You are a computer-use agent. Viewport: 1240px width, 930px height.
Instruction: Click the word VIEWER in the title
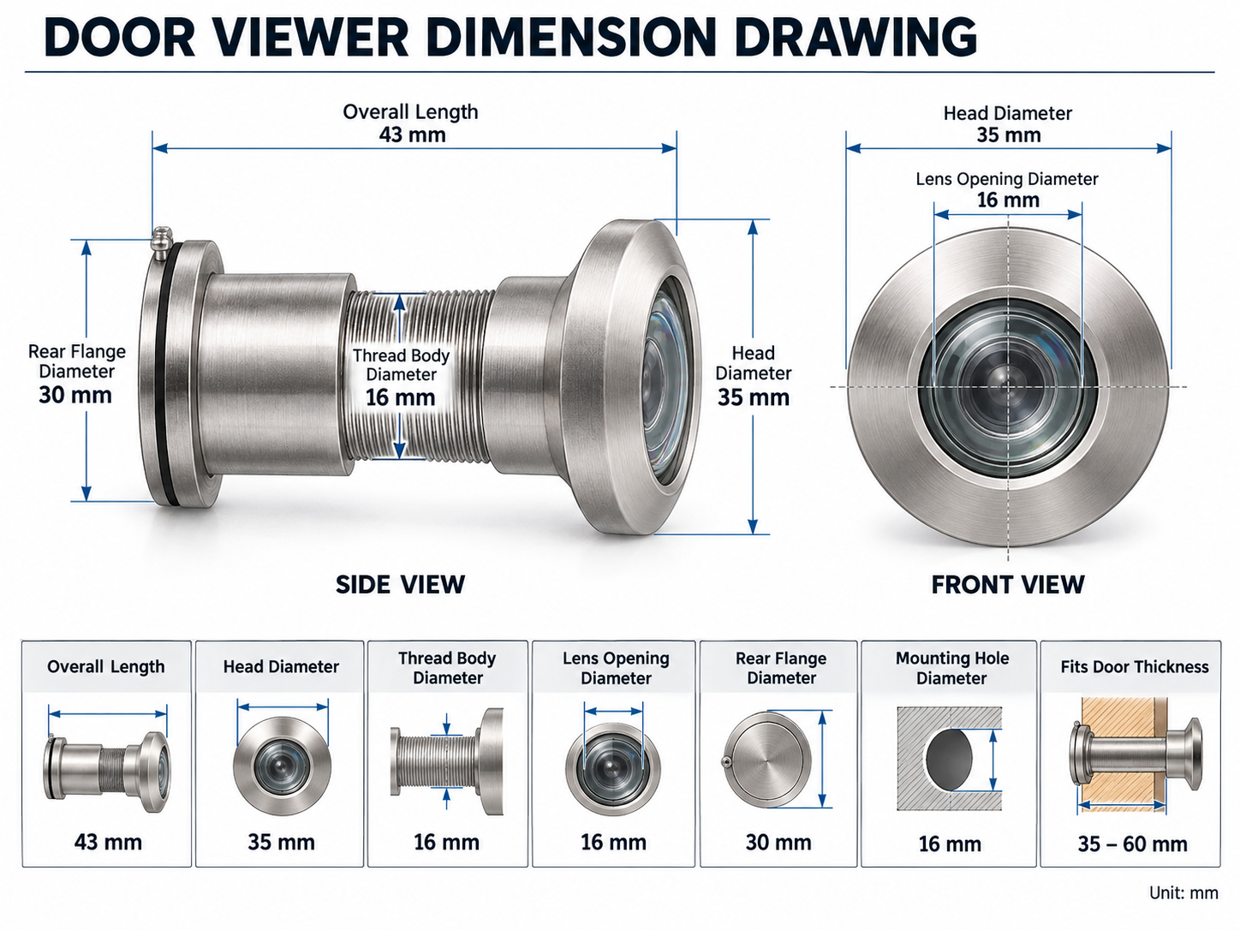(310, 38)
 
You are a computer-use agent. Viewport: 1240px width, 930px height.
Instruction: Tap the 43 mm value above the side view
(413, 135)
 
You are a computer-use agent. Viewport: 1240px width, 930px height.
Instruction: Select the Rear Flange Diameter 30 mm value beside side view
(75, 396)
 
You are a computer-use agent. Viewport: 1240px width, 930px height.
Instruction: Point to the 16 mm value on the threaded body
(400, 397)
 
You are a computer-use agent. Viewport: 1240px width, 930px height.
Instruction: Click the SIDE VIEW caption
(400, 584)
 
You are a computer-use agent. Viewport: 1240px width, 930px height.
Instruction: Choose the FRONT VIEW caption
(1008, 584)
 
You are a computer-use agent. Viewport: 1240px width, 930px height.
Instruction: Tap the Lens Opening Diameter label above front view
(1007, 179)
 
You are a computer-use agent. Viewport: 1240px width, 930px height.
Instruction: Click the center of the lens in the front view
(1008, 387)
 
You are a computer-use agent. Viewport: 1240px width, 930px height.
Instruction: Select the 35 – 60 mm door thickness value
(1132, 844)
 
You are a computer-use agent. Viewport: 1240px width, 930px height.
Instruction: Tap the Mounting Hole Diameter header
(952, 668)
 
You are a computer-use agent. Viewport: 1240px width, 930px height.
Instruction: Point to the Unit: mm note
(1183, 892)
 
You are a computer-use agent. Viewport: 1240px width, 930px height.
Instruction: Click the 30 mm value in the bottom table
(778, 843)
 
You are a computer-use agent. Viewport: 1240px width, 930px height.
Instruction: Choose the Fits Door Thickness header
(1135, 667)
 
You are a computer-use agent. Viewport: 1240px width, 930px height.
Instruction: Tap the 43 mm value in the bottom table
(108, 842)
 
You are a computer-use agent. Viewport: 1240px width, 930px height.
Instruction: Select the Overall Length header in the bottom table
(105, 667)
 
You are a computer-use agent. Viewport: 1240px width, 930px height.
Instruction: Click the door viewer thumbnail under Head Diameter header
(282, 766)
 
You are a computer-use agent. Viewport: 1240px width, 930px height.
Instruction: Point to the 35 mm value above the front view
(1009, 135)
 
